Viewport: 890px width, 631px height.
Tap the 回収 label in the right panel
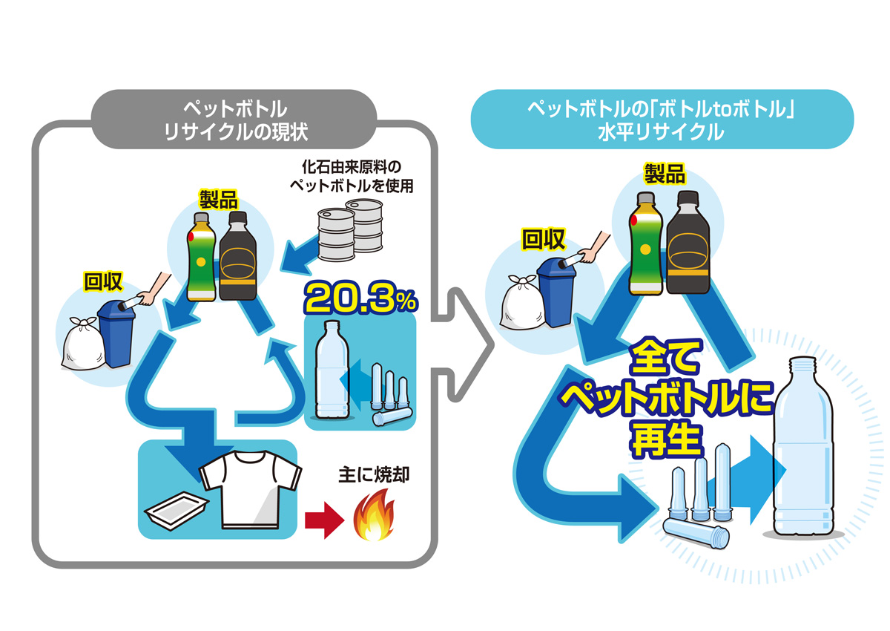point(543,238)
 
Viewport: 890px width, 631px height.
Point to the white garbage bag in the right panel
point(523,305)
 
